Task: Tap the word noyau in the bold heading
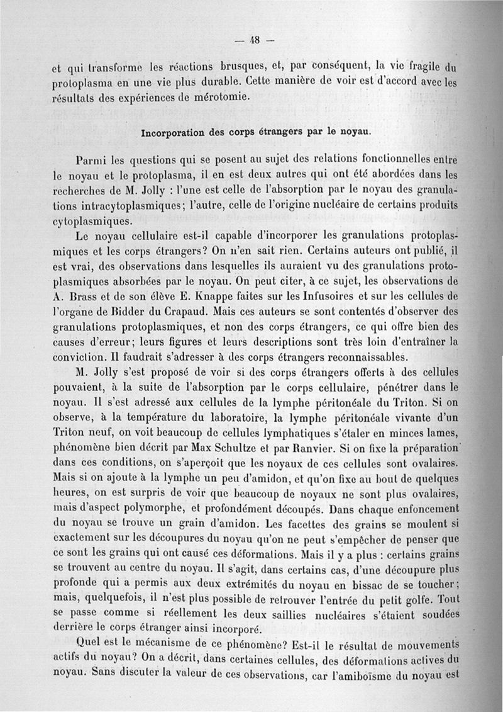355,133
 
